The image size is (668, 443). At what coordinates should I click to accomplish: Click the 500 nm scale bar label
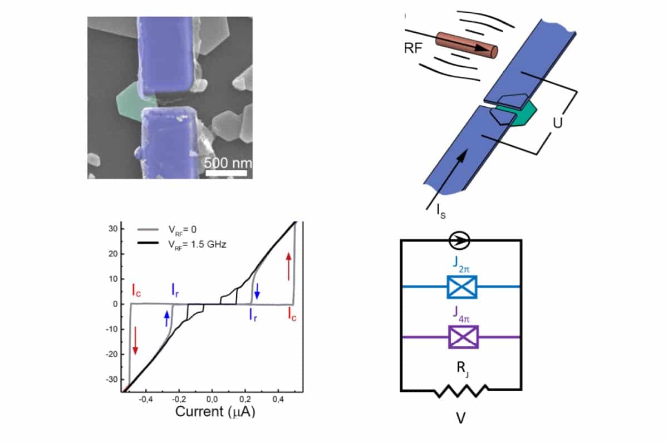click(227, 164)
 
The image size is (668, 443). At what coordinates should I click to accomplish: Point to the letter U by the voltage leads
click(557, 122)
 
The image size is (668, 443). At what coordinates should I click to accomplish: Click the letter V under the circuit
click(460, 418)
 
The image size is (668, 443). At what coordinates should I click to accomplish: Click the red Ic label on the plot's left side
click(136, 289)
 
